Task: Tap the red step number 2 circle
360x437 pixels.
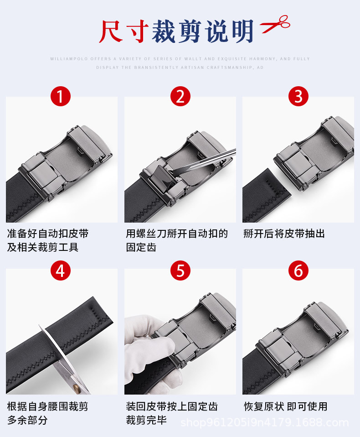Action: coord(180,96)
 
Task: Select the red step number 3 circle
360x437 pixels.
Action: coord(298,96)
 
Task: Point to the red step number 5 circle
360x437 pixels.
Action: coord(180,271)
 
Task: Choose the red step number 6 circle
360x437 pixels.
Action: coord(298,271)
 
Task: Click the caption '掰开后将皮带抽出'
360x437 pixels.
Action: coord(284,234)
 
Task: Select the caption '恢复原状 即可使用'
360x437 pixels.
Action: coord(285,406)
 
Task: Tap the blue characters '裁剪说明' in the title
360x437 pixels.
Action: coord(202,31)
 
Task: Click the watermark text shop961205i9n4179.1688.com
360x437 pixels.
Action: coord(264,422)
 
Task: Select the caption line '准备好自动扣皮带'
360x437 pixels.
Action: coord(48,234)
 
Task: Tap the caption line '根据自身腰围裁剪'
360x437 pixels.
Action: coord(48,406)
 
